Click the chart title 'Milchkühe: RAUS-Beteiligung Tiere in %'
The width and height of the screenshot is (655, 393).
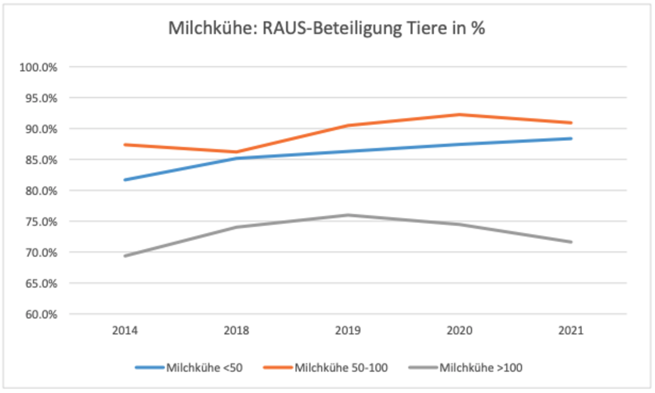[x=326, y=29]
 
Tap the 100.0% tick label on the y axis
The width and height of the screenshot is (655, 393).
[x=38, y=67]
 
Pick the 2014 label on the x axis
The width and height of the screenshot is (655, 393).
[x=124, y=331]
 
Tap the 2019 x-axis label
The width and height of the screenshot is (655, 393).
[x=348, y=331]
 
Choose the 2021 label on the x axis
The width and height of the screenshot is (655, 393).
[x=571, y=331]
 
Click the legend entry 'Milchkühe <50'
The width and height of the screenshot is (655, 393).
[x=204, y=368]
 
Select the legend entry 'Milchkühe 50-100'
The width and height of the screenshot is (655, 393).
[x=341, y=368]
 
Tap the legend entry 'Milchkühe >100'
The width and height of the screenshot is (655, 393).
[x=480, y=368]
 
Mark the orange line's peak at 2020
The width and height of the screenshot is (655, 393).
[x=459, y=114]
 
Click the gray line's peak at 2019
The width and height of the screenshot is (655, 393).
[x=348, y=215]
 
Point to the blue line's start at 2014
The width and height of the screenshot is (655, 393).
[x=125, y=180]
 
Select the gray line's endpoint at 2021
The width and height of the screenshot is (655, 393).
[x=571, y=242]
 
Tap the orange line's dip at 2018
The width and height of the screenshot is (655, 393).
[x=236, y=152]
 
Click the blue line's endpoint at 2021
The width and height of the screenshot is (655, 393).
[x=571, y=139]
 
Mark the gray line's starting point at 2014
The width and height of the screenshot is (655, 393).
[x=125, y=256]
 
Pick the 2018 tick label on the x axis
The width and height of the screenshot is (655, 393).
[x=236, y=331]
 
